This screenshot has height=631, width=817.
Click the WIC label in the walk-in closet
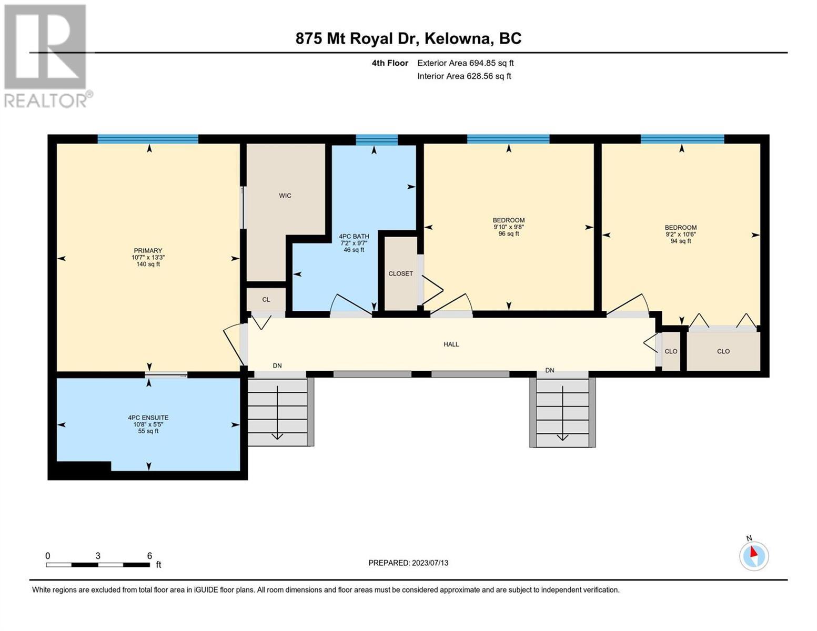(285, 196)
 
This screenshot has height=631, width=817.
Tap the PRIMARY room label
(148, 251)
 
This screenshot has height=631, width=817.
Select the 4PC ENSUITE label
(148, 418)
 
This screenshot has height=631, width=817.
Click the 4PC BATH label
(354, 237)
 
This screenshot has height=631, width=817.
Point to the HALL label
(451, 344)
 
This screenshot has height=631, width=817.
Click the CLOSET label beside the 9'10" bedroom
(400, 273)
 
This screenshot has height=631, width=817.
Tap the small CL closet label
(266, 300)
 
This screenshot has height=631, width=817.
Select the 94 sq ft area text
(681, 241)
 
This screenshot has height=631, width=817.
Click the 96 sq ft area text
(508, 233)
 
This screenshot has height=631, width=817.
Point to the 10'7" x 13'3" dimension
(148, 258)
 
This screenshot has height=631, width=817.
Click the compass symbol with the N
(754, 556)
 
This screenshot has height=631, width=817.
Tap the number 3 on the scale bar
(98, 556)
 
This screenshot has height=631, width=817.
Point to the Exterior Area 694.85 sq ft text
(466, 63)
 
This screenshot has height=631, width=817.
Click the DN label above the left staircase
(277, 365)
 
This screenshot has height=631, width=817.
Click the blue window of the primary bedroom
(148, 139)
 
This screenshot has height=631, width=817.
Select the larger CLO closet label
(723, 351)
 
